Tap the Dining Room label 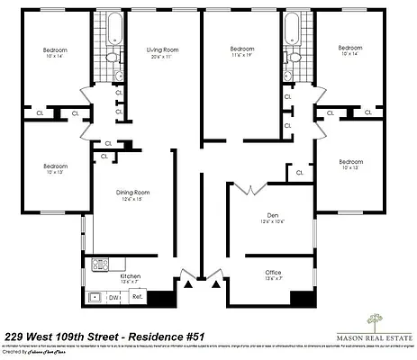(132, 193)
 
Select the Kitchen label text (130, 275)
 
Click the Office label (273, 273)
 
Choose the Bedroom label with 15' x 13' (350, 163)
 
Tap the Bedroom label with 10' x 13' (55, 166)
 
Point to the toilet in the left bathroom (111, 57)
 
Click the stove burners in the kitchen (100, 265)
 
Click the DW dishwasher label (114, 296)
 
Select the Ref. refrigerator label (138, 295)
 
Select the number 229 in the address (16, 335)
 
